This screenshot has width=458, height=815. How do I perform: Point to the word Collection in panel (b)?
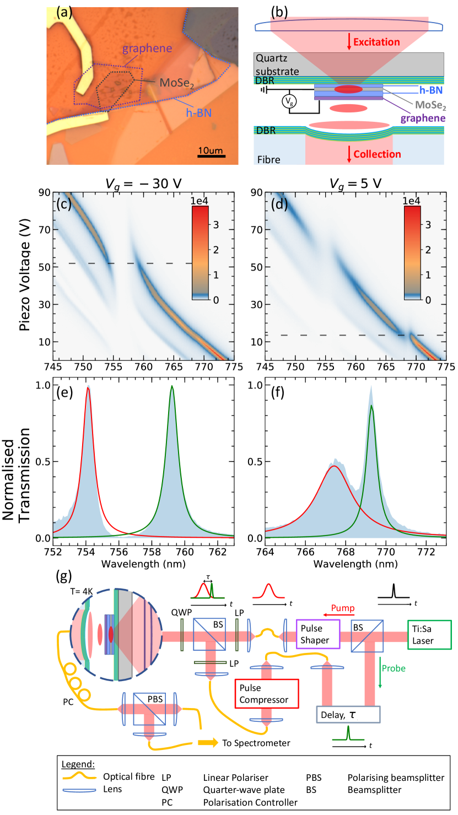pos(374,154)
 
